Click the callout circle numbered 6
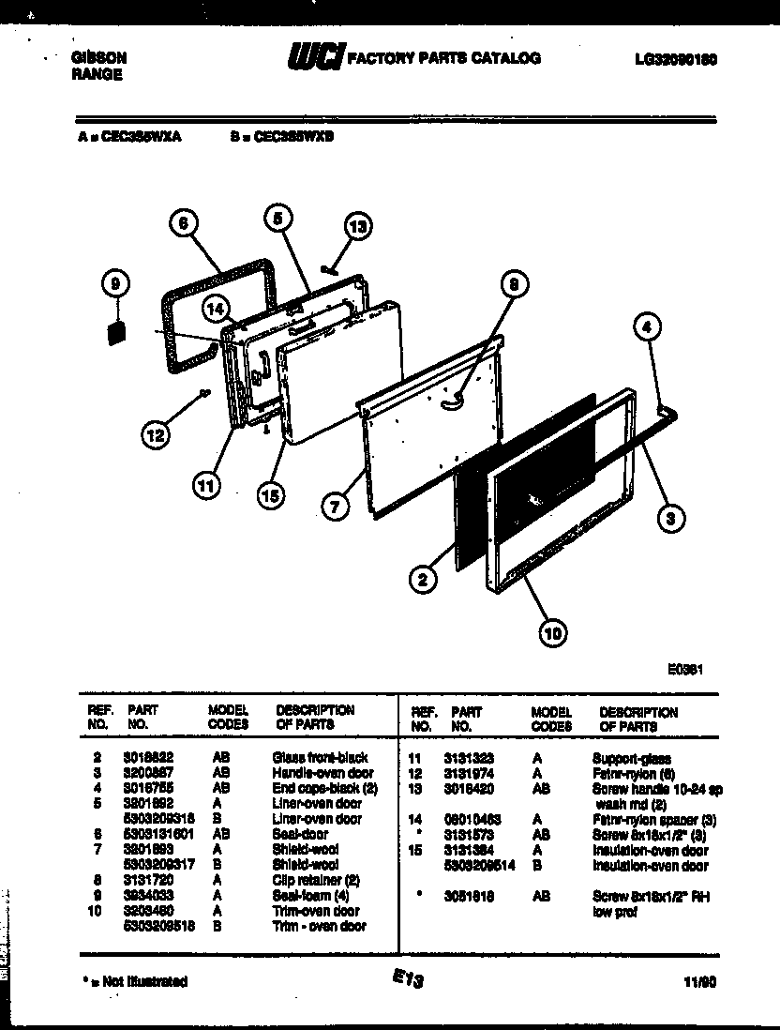[x=185, y=223]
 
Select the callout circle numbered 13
[x=358, y=225]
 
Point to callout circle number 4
[x=648, y=327]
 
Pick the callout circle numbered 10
[x=553, y=635]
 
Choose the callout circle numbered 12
[x=157, y=433]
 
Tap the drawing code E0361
[x=685, y=670]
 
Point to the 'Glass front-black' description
[x=320, y=757]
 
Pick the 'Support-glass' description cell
[x=631, y=757]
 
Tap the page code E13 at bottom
[x=409, y=979]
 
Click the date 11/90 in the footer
[x=699, y=981]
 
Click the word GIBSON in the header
[x=98, y=57]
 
